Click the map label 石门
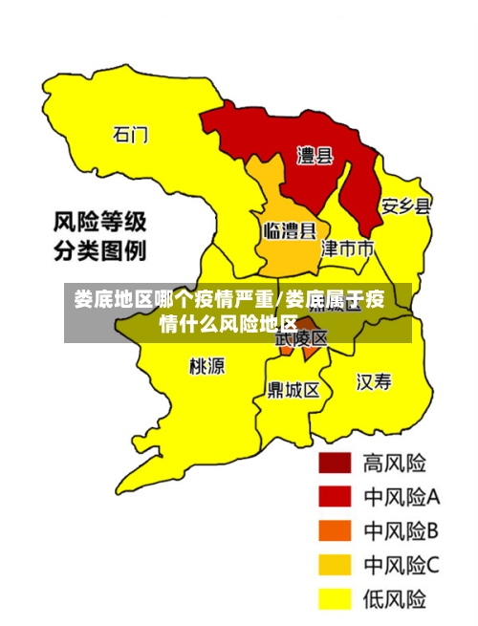pyautogui.click(x=131, y=134)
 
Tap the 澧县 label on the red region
pyautogui.click(x=315, y=155)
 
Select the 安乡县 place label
pyautogui.click(x=406, y=205)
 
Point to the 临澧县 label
pyautogui.click(x=289, y=230)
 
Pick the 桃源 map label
pyautogui.click(x=207, y=366)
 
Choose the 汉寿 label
pyautogui.click(x=374, y=382)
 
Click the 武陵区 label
pyautogui.click(x=301, y=338)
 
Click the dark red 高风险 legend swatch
pyautogui.click(x=335, y=463)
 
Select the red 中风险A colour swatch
pyautogui.click(x=335, y=496)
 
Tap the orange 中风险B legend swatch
pyautogui.click(x=335, y=530)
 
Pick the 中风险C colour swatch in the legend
pyautogui.click(x=335, y=565)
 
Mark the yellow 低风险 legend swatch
pyautogui.click(x=335, y=599)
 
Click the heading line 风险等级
pyautogui.click(x=99, y=224)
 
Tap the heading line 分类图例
pyautogui.click(x=99, y=252)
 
